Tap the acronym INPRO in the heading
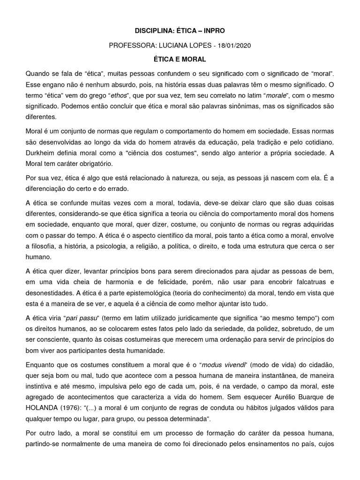coord(213,30)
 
